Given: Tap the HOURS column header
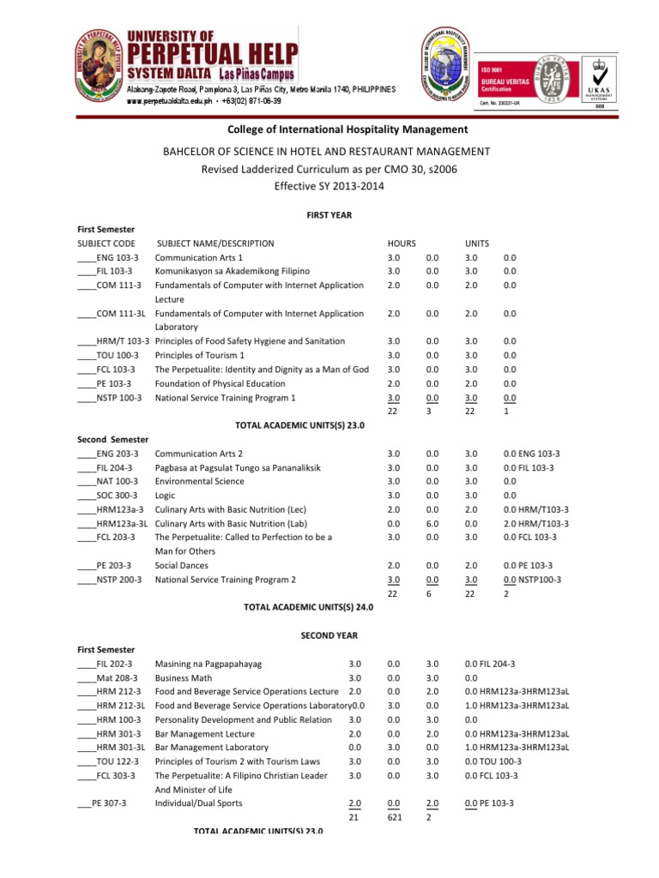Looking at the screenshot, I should click(402, 244).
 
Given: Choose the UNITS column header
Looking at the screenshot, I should click(478, 244).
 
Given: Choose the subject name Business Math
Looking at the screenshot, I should click(183, 677).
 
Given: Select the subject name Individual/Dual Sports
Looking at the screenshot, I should click(198, 803).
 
